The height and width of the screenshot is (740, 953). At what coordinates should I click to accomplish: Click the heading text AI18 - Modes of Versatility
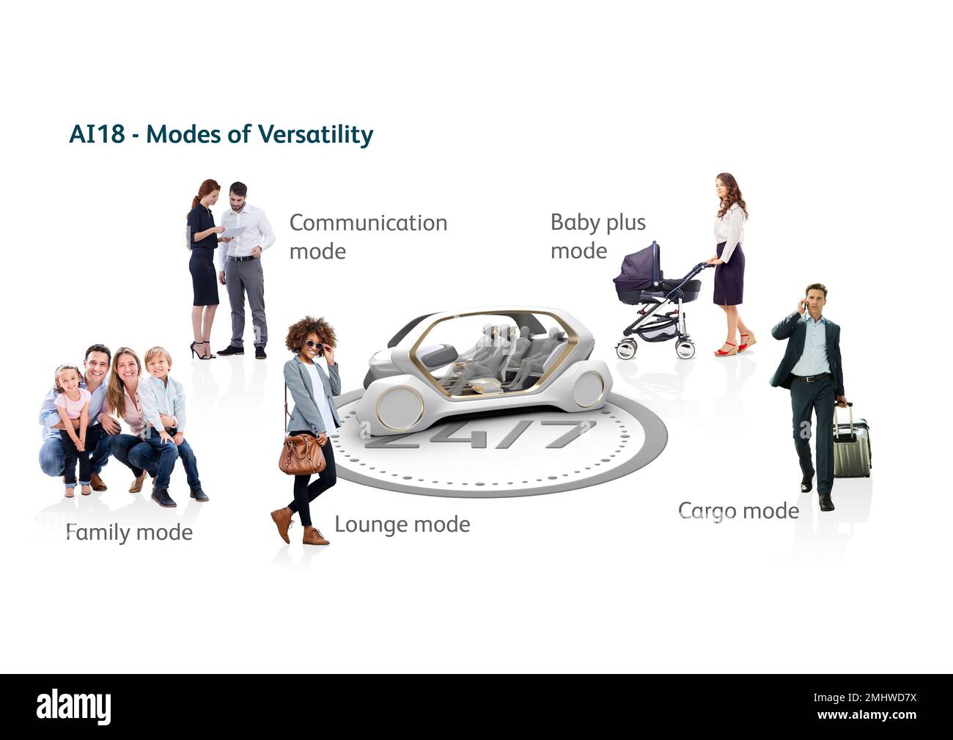pos(221,135)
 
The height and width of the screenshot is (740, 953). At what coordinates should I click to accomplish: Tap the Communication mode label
pos(369,237)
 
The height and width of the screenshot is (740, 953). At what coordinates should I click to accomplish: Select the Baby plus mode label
pos(598,237)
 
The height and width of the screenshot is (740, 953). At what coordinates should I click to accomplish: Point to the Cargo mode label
pos(738,511)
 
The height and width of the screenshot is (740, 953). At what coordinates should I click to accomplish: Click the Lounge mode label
pos(402,524)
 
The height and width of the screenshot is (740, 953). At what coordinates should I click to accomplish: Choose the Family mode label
pos(129,533)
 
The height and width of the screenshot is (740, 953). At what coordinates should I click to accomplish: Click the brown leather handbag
pos(302,453)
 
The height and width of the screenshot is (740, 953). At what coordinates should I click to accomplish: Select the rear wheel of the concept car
pos(589,389)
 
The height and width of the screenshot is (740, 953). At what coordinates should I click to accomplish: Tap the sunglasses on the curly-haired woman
pos(315,345)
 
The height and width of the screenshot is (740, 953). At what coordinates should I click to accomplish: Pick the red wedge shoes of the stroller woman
pos(735,345)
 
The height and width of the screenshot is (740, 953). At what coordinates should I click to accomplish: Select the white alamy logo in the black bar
pos(74,708)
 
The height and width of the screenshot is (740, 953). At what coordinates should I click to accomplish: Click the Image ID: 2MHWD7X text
pos(865,698)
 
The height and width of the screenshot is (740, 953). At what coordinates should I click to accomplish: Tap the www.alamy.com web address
pos(867,715)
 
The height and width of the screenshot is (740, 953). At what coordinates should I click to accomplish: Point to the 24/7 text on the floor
pos(480,435)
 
